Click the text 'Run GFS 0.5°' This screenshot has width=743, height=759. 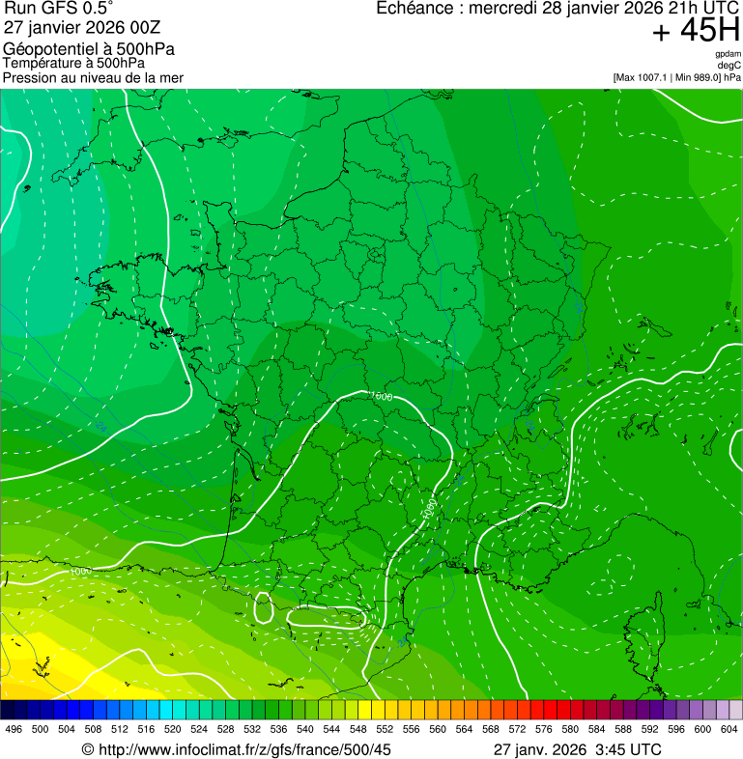[59, 10]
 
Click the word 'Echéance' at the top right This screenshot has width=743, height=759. [414, 9]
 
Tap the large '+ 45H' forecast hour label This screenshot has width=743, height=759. [696, 31]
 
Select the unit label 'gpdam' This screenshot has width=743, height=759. [728, 54]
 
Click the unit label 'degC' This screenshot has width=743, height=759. [729, 66]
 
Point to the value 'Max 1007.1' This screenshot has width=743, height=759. [643, 77]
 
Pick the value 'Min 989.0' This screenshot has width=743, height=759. [698, 77]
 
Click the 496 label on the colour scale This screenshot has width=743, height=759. [14, 729]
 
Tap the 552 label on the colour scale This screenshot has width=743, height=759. [385, 729]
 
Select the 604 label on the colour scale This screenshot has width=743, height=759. [729, 729]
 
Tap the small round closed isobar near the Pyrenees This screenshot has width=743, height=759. [263, 607]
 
